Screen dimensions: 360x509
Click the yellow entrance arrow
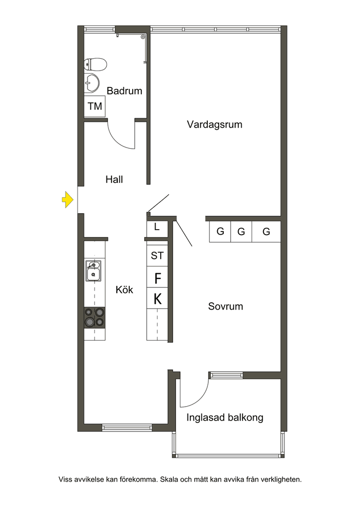point(68,200)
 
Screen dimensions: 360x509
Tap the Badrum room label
point(124,91)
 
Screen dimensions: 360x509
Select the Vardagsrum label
point(215,125)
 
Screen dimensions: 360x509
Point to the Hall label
point(114,179)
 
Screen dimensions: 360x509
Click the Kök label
point(124,290)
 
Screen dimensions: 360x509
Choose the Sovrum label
point(226,306)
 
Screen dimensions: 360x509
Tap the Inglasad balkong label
point(225,418)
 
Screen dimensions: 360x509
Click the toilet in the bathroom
point(95,64)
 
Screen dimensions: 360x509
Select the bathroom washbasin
point(91,83)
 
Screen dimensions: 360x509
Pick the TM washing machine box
point(94,106)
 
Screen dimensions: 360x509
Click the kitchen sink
point(93,271)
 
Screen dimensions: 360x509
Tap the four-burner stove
point(94,318)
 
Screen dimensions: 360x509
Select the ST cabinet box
point(157,255)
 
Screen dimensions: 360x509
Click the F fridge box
point(157,277)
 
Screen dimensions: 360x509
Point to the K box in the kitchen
point(157,298)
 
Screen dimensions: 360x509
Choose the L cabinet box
point(157,229)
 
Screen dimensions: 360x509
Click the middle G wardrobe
point(241,232)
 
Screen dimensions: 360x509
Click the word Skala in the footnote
point(169,480)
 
